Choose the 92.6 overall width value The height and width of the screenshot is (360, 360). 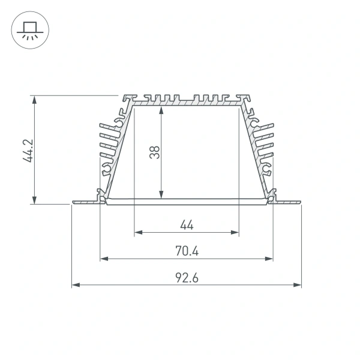(x=187, y=278)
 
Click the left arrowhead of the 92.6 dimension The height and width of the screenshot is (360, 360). (x=75, y=285)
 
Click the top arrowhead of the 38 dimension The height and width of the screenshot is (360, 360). (x=161, y=110)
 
